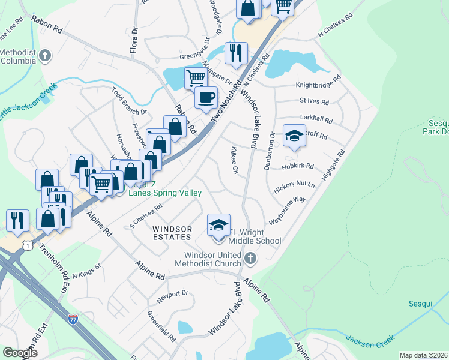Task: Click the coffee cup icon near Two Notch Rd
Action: (206, 97)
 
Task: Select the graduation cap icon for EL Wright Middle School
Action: (218, 225)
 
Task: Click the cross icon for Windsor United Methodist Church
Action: (250, 259)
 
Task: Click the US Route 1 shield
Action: (27, 245)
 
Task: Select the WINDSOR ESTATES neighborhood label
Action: (172, 233)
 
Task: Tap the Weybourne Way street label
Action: (288, 211)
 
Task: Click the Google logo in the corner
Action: (20, 353)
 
